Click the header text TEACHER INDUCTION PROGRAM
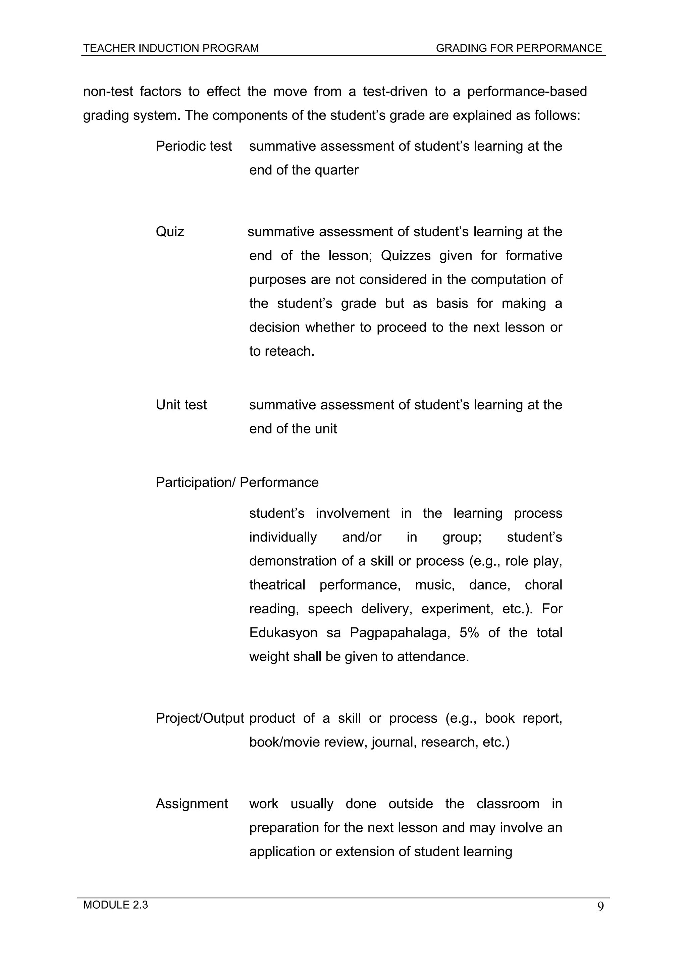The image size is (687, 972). pos(171,48)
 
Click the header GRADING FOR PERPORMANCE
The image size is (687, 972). pos(519,48)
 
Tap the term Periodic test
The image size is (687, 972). pos(194,146)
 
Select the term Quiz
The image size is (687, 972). pos(170,232)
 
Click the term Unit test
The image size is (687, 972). pos(181,405)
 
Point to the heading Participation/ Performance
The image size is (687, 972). pos(237,482)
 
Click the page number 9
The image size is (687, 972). pos(600,907)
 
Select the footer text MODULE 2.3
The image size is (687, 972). pos(115,905)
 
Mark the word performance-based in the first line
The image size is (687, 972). pos(527,92)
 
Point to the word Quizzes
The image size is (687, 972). pos(406,256)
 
